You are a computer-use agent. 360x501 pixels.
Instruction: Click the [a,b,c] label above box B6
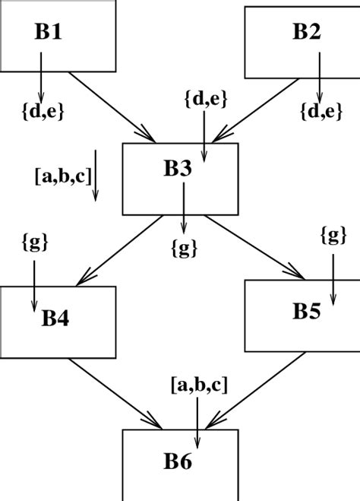pyautogui.click(x=198, y=384)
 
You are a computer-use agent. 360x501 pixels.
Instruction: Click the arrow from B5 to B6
pyautogui.click(x=246, y=392)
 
